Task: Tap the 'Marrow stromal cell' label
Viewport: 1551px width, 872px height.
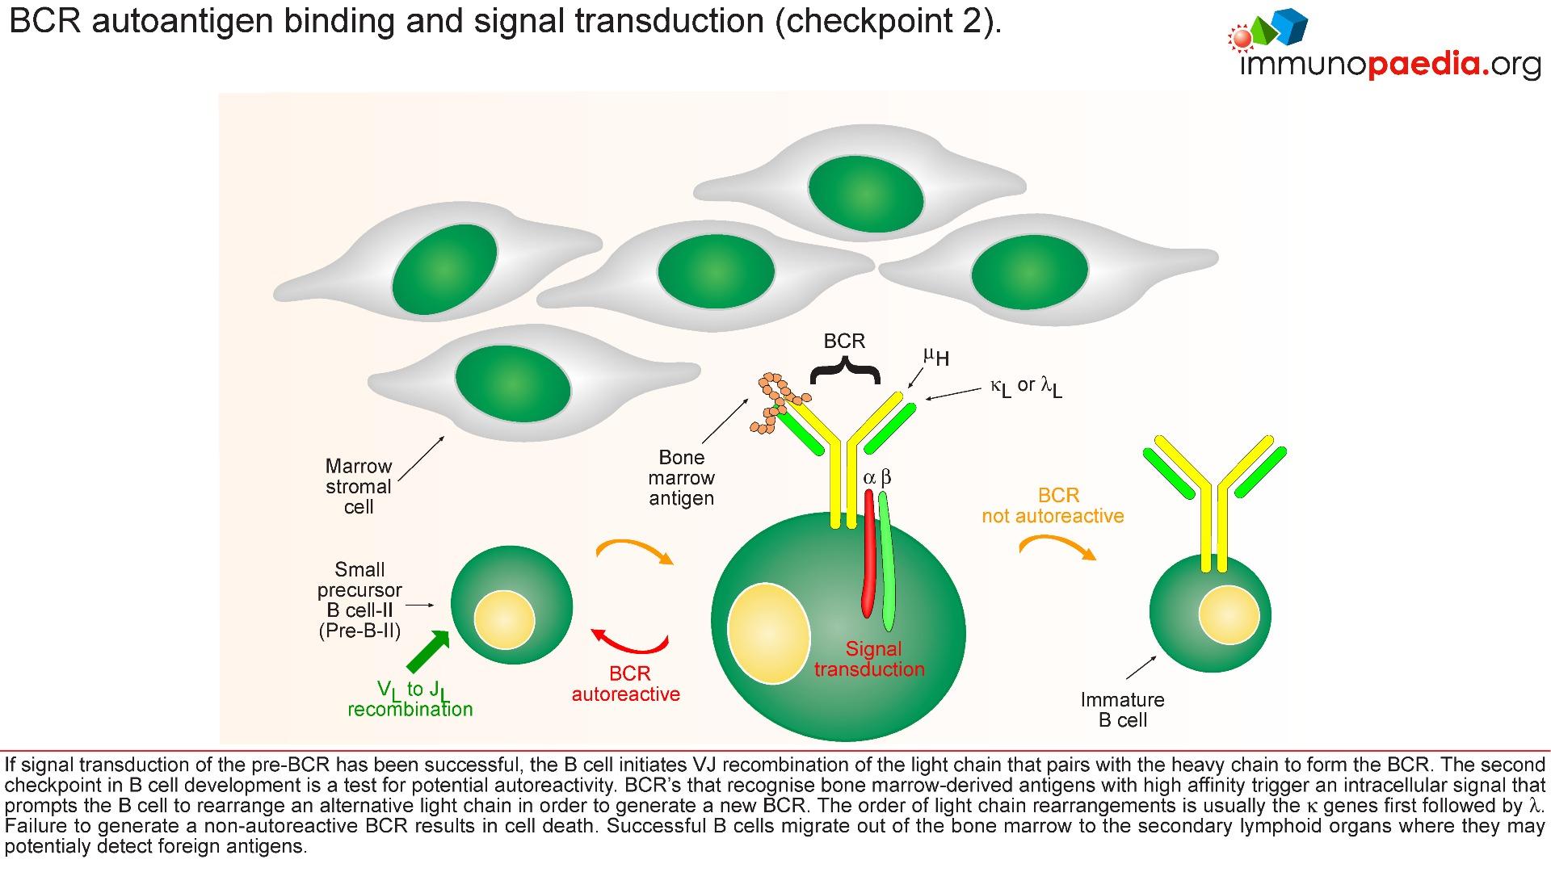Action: [359, 487]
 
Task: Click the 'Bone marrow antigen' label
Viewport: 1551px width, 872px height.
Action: [681, 478]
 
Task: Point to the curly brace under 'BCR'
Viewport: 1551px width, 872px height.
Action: [844, 373]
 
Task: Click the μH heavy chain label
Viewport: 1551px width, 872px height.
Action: [936, 357]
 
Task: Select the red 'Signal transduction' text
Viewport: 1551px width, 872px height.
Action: [870, 659]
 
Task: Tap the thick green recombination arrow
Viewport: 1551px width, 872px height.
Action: [427, 652]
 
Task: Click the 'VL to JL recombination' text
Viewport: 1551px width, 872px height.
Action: [410, 699]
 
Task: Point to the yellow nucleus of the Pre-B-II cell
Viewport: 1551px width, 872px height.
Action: [504, 619]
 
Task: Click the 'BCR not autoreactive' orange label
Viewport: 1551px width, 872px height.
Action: [1053, 505]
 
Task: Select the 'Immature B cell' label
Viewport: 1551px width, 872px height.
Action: [1122, 710]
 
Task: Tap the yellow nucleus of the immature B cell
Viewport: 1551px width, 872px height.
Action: [1229, 614]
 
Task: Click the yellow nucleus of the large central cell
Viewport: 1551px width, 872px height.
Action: [768, 632]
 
